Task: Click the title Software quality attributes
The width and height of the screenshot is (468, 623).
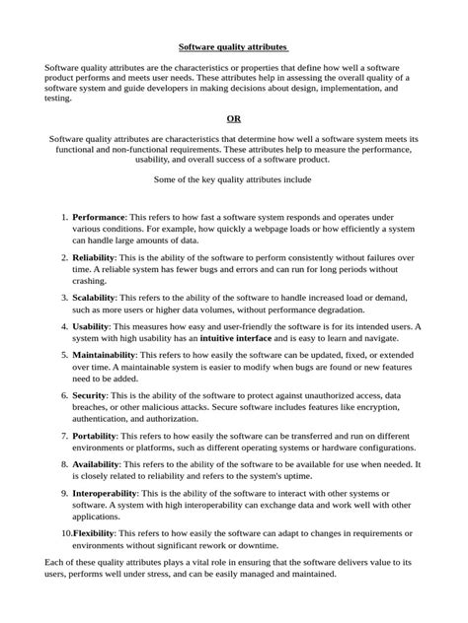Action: pos(233,46)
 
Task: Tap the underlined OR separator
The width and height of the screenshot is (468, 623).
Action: pos(234,118)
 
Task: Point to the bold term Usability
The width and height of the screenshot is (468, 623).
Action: pos(92,325)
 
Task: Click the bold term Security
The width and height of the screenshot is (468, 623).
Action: pos(90,393)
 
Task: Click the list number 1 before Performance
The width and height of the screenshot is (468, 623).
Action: pos(64,216)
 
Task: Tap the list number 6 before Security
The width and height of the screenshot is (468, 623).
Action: pos(64,393)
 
